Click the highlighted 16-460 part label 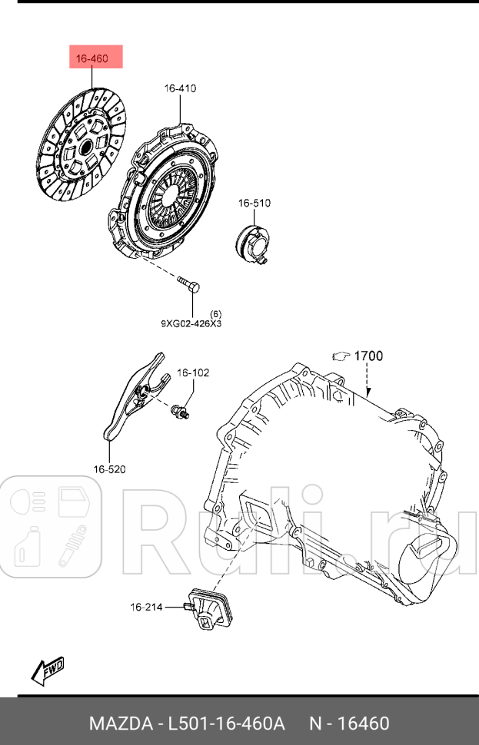(91, 58)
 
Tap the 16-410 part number (179, 88)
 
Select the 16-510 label (254, 204)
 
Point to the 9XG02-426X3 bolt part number (191, 323)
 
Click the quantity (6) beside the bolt (215, 313)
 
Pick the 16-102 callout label (192, 372)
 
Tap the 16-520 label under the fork (110, 469)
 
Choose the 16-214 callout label (146, 608)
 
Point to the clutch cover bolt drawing (191, 288)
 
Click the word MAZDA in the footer (120, 723)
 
